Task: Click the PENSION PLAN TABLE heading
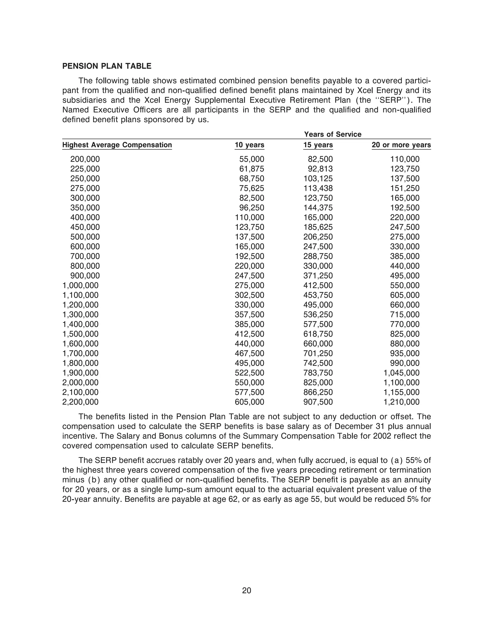pyautogui.click(x=107, y=66)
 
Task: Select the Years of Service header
pyautogui.click(x=333, y=134)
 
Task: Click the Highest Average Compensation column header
pyautogui.click(x=117, y=145)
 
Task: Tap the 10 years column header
pyautogui.click(x=249, y=145)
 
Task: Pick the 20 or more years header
pyautogui.click(x=401, y=145)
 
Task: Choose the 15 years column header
pyautogui.click(x=318, y=145)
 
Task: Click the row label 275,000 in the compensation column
pyautogui.click(x=85, y=188)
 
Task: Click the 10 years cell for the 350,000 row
pyautogui.click(x=252, y=208)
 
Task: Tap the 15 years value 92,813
pyautogui.click(x=320, y=169)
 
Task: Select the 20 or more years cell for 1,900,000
pyautogui.click(x=401, y=373)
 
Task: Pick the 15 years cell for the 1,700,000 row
pyautogui.click(x=318, y=353)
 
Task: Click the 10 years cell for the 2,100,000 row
pyautogui.click(x=249, y=392)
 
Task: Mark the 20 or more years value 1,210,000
pyautogui.click(x=401, y=402)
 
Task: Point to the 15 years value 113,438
pyautogui.click(x=318, y=188)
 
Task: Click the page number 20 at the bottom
pyautogui.click(x=247, y=590)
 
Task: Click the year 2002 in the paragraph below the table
pyautogui.click(x=382, y=436)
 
